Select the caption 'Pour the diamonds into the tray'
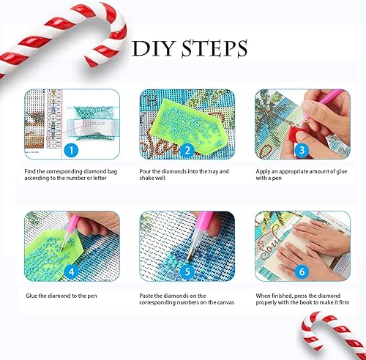[182, 175]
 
